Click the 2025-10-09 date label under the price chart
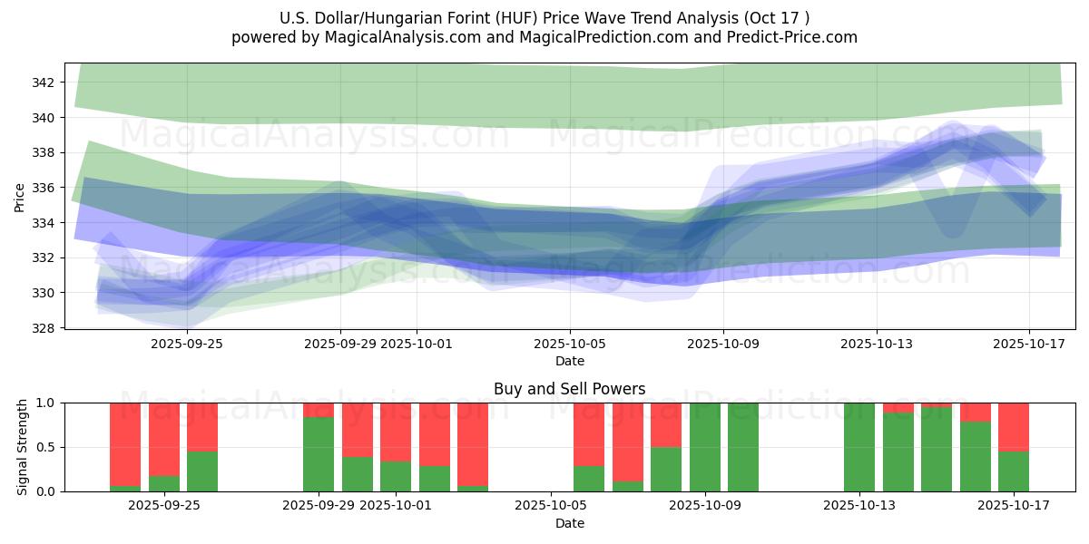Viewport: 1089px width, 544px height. click(x=723, y=345)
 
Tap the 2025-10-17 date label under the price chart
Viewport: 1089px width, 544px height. click(x=1029, y=345)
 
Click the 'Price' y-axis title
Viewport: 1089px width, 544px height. click(x=20, y=197)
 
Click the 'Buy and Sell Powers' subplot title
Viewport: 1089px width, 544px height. click(x=569, y=389)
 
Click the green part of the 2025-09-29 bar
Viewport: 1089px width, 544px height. click(x=319, y=454)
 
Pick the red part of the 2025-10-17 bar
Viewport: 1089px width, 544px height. click(x=1014, y=426)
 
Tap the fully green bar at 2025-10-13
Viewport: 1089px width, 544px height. click(x=858, y=447)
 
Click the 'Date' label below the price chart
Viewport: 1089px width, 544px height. click(x=569, y=361)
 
